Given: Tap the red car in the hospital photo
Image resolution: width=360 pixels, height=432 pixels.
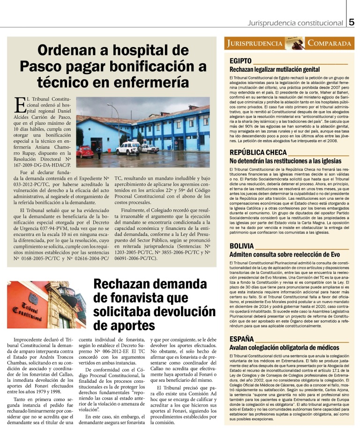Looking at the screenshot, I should [x=85, y=152].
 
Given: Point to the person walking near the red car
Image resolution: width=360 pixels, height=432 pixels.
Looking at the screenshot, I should [x=98, y=152].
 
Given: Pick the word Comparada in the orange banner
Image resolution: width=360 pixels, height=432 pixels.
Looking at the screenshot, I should [x=329, y=44].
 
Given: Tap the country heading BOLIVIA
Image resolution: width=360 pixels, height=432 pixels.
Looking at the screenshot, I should [x=241, y=246].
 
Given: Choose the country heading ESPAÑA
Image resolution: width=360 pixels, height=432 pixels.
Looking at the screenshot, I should [x=241, y=339].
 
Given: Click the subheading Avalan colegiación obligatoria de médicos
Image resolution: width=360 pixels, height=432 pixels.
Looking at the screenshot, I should [x=284, y=348].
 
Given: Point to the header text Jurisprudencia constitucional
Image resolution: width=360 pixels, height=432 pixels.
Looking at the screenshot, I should [x=295, y=23].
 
